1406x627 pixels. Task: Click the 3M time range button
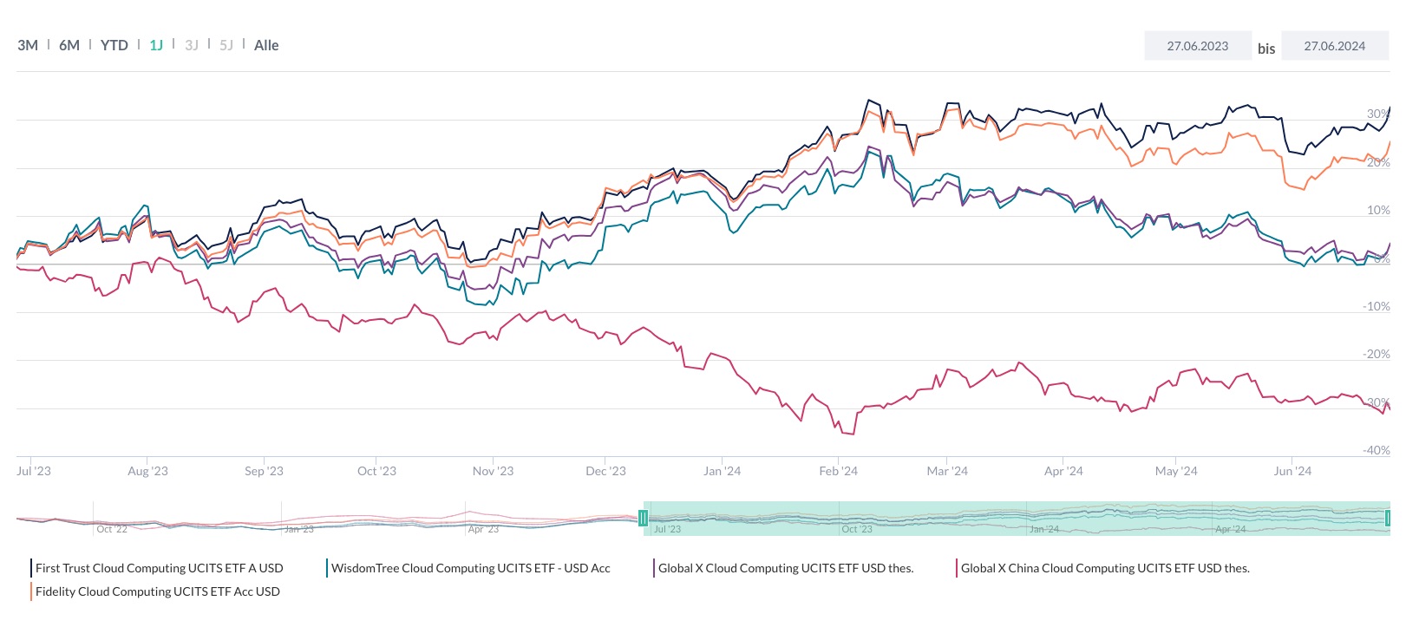coord(28,45)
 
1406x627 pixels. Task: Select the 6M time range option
coord(69,45)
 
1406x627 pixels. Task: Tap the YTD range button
coord(114,45)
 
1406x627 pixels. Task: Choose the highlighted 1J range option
coord(156,45)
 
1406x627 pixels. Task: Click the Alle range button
coord(266,45)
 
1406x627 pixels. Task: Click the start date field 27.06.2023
coord(1197,46)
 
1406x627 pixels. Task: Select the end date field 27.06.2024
coord(1334,46)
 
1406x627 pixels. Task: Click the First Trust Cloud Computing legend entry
coord(159,568)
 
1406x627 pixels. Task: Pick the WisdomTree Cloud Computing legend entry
coord(470,568)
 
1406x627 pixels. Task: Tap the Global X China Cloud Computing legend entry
coord(1104,568)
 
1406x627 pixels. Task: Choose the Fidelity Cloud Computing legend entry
coord(157,591)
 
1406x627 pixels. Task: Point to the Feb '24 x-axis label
coord(838,471)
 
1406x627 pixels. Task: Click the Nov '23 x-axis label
coord(493,471)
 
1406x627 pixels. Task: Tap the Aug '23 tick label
coord(147,471)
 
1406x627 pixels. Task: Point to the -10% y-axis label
coord(1376,306)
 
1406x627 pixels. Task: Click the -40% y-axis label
coord(1376,450)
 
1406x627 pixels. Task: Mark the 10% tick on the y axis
coord(1378,210)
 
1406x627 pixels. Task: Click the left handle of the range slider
coord(643,519)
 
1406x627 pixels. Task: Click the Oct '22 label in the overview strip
coord(112,529)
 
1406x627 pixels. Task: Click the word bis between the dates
coord(1266,49)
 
